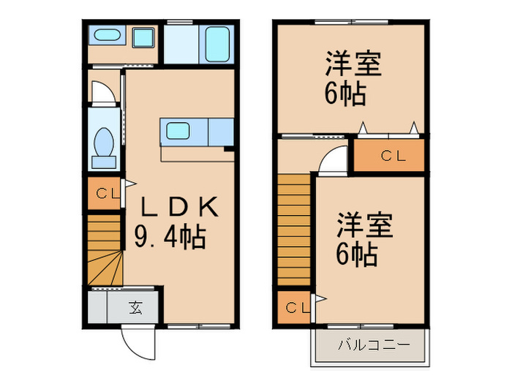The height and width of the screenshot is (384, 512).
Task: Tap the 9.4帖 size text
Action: [x=170, y=237]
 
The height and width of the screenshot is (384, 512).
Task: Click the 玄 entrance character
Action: [x=135, y=307]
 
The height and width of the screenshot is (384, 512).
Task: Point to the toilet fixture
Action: [x=103, y=143]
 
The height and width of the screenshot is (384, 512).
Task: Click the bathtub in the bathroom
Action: [x=217, y=45]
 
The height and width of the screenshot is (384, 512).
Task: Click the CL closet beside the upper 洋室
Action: [x=389, y=155]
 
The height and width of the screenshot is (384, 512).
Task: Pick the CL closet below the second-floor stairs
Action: [x=294, y=307]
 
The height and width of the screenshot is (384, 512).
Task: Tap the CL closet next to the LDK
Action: [x=105, y=195]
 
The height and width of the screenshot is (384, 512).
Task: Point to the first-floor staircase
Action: [x=104, y=249]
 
